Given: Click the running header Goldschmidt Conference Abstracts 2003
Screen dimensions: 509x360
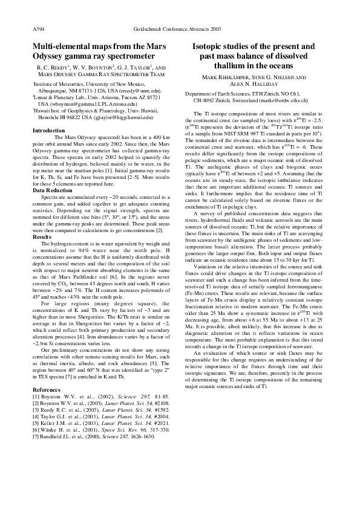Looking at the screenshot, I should coord(180,28).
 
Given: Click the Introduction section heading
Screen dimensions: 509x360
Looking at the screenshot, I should coord(48,131).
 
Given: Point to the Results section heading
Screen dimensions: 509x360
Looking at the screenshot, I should coord(42,219).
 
